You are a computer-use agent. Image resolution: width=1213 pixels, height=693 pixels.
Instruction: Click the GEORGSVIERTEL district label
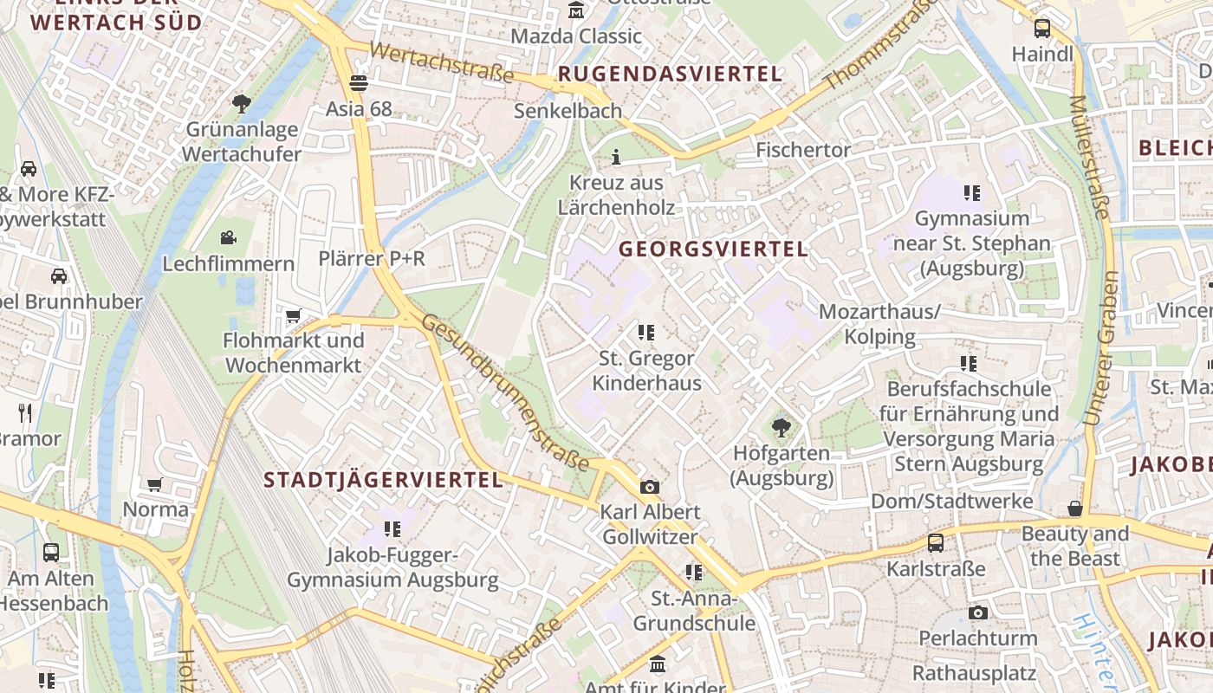[x=713, y=249]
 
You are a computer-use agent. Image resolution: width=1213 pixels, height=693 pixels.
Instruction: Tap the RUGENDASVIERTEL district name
[x=670, y=74]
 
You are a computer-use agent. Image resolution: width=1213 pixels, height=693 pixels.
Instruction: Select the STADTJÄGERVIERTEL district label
[x=383, y=480]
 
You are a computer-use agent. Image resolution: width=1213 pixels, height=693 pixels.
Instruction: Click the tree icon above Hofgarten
[x=781, y=427]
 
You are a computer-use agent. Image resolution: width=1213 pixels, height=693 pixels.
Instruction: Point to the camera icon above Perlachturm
[x=977, y=613]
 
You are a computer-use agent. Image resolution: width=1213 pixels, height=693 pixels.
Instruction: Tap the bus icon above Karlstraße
[x=936, y=543]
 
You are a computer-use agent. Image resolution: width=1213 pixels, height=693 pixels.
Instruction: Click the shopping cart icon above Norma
[x=155, y=484]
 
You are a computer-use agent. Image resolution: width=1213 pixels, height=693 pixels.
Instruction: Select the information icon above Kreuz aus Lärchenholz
[x=616, y=157]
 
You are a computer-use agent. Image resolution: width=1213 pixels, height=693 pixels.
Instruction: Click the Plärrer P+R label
[x=372, y=258]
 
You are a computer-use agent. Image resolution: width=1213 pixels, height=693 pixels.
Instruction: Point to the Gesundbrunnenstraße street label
[x=506, y=392]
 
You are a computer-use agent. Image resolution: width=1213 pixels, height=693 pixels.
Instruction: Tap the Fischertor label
[x=803, y=150]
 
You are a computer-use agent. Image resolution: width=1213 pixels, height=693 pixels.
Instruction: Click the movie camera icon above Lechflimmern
[x=228, y=237]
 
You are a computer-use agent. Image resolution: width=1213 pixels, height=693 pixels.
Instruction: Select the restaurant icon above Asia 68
[x=358, y=83]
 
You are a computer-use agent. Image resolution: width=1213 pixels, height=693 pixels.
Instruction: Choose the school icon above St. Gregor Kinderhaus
[x=645, y=332]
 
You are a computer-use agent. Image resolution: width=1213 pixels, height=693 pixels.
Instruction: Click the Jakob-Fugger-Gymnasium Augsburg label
[x=392, y=567]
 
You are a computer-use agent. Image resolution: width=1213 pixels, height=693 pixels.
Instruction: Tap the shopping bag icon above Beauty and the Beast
[x=1074, y=508]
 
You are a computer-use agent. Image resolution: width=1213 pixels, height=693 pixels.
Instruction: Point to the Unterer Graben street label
[x=1099, y=347]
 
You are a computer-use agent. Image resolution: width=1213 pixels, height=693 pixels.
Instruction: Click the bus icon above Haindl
[x=1041, y=29]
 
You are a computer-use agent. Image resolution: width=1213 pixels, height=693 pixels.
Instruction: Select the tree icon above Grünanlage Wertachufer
[x=242, y=105]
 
